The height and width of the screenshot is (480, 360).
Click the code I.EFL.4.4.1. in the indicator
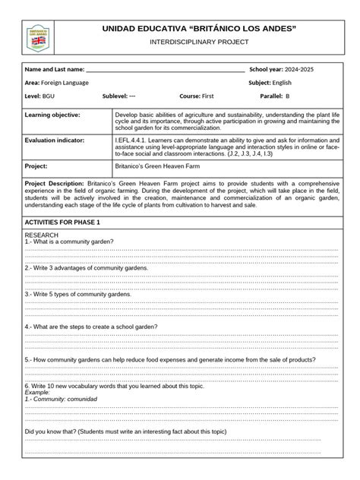[x=134, y=141]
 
